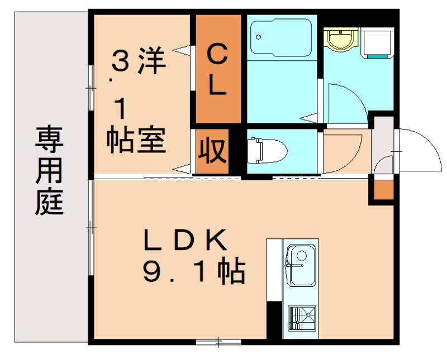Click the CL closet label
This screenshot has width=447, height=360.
pos(217,71)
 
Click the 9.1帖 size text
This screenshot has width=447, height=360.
pos(193,272)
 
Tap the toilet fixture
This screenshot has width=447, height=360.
pos(267,150)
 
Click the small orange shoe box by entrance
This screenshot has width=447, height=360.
pos(383,190)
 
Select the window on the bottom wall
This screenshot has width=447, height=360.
pos(218,340)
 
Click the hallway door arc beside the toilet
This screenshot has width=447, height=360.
pos(344,151)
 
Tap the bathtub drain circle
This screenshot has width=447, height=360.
pos(258,37)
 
